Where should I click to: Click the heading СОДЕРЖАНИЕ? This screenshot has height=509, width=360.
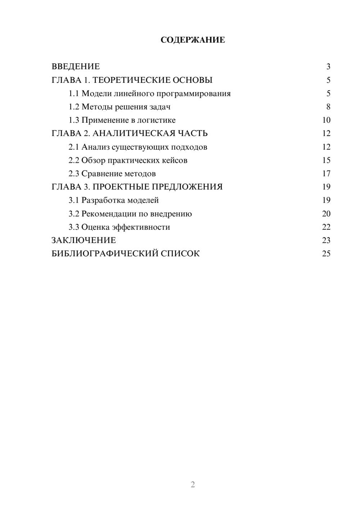(193, 40)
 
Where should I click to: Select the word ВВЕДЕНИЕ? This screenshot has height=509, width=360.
(76, 67)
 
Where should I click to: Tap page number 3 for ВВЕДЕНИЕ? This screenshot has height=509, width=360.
(328, 67)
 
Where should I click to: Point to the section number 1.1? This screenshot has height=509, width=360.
(73, 94)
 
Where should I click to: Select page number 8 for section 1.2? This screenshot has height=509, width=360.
(328, 107)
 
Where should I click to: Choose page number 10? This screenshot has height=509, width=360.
(326, 120)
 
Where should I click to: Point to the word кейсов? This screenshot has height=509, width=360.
(175, 161)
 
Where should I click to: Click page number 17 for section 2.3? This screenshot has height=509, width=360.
(326, 174)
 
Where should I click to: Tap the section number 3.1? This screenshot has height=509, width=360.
(73, 201)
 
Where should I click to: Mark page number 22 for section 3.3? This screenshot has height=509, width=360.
(326, 227)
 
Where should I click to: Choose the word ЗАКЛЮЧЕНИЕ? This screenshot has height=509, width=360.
(84, 240)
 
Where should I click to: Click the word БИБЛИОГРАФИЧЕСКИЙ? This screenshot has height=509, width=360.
(105, 254)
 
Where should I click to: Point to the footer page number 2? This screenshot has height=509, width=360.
(193, 485)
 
